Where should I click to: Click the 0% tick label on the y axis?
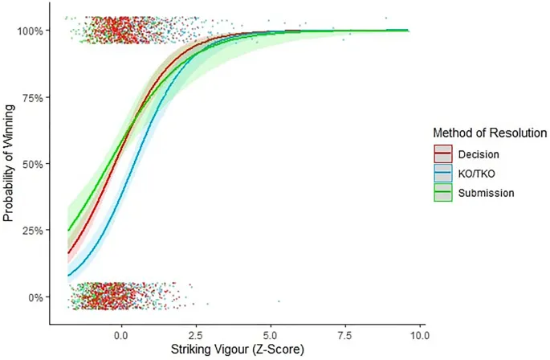point(36,297)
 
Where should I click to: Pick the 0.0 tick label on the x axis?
point(121,333)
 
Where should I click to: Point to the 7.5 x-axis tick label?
point(345,333)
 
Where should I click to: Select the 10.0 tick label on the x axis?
point(418,333)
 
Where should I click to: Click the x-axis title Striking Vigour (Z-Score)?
point(235,350)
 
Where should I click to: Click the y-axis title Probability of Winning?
point(10,164)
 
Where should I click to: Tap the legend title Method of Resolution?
point(490,132)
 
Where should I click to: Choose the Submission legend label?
point(485,193)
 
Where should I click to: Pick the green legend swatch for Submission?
point(442,193)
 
